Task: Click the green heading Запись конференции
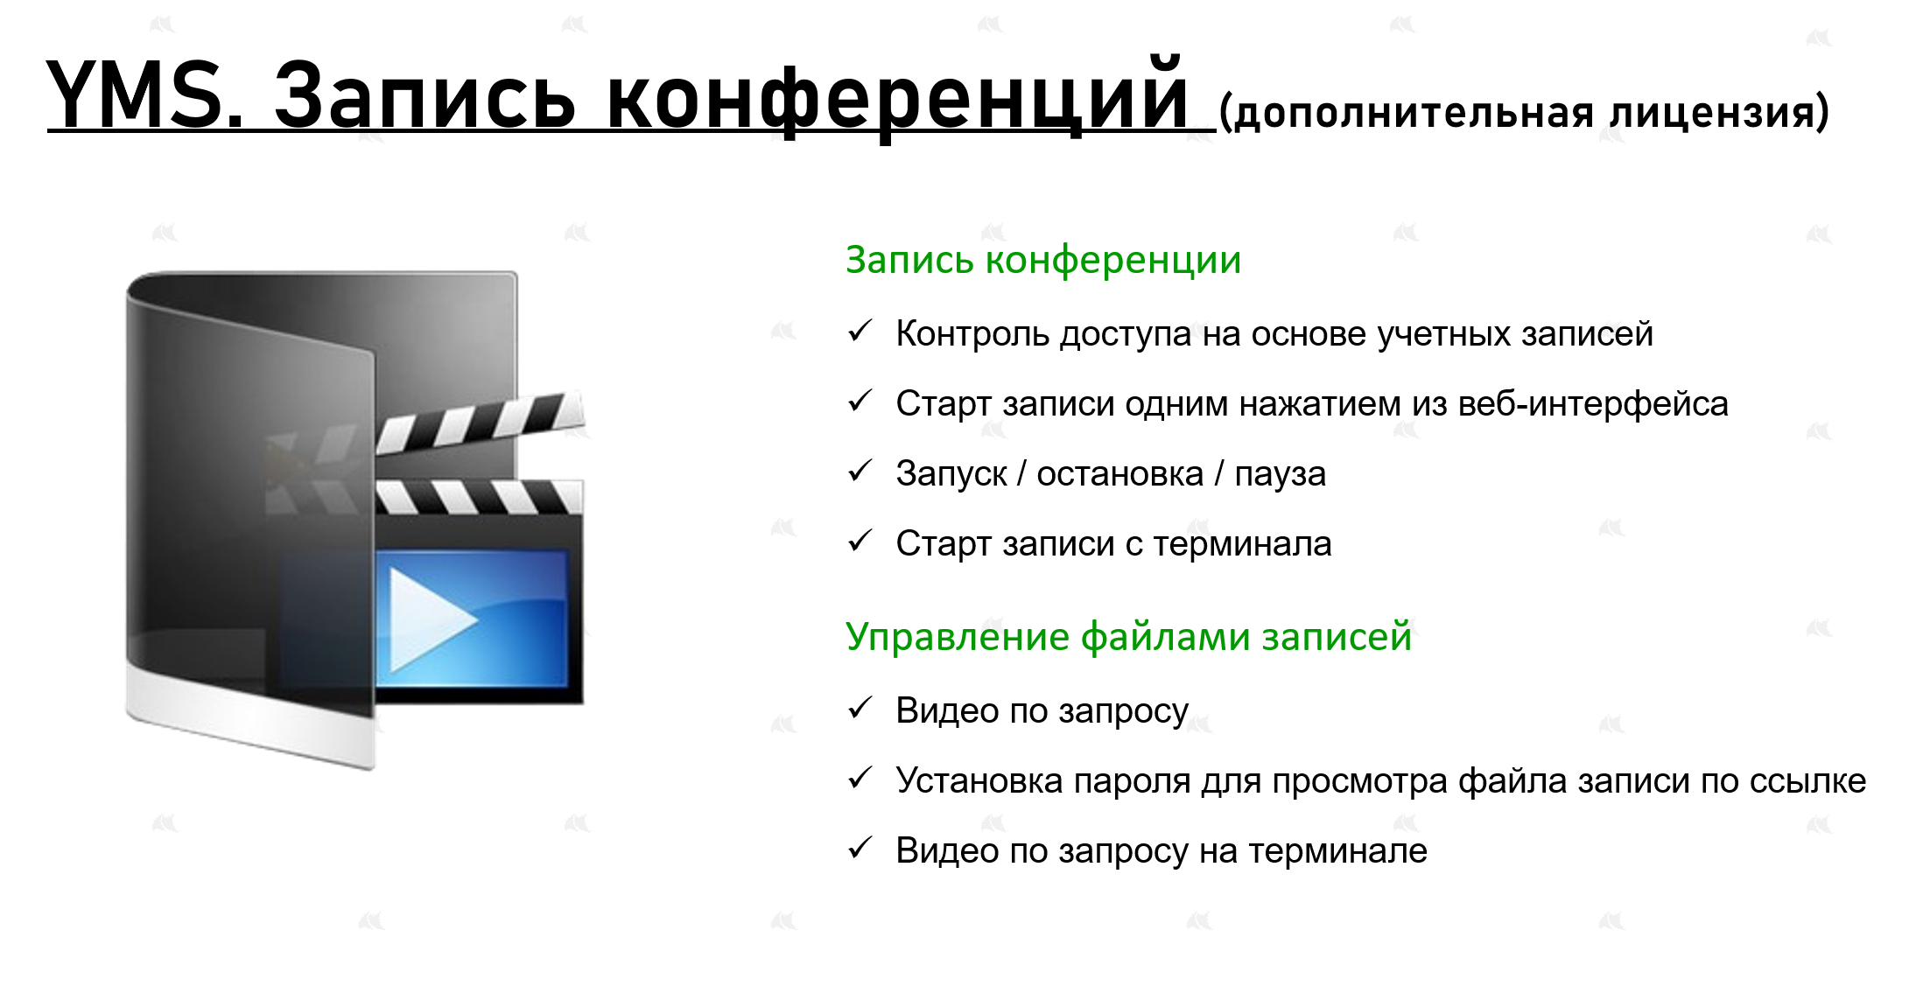pos(1043,261)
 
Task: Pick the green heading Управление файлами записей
pos(1129,636)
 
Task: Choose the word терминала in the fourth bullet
pos(1242,544)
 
